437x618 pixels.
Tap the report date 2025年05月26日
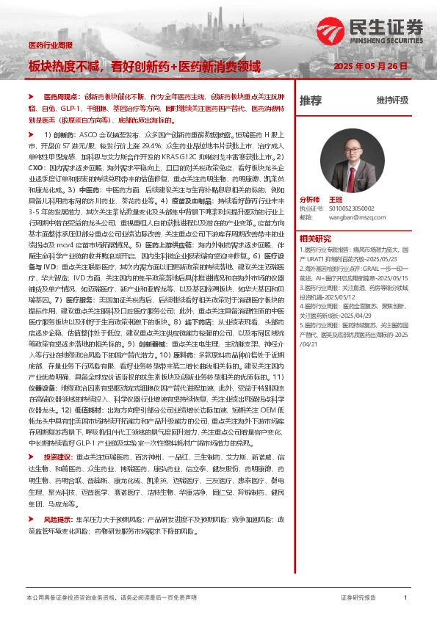[370, 66]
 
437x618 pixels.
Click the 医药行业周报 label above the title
[51, 46]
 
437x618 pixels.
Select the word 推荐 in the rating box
[311, 100]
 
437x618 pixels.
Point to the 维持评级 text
[392, 101]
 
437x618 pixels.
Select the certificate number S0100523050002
[350, 208]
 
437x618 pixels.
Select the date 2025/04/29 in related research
[371, 314]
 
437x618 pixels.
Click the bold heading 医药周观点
[57, 96]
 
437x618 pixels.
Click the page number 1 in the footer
[405, 598]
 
